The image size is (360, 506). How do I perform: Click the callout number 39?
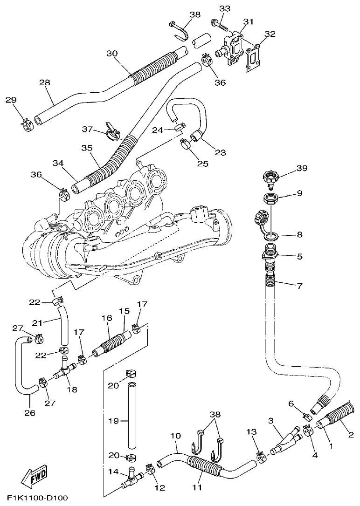tap(302, 168)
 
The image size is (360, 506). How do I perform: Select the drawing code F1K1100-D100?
tap(37, 498)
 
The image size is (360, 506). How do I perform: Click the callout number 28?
tap(44, 82)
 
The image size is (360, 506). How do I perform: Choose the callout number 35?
tap(87, 148)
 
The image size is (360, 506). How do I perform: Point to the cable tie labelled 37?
tap(112, 134)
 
